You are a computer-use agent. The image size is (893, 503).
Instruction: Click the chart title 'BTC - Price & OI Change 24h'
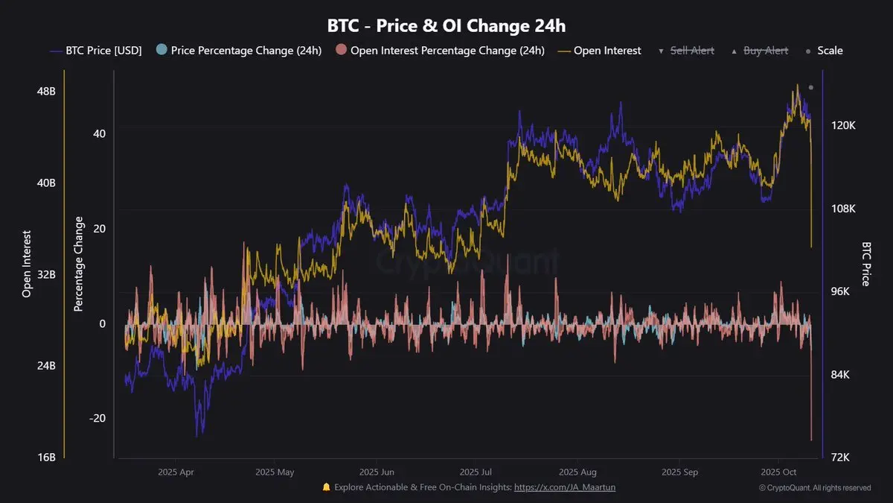(446, 25)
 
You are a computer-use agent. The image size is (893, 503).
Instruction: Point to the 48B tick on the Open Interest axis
(45, 91)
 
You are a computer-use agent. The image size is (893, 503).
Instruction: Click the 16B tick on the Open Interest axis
(45, 458)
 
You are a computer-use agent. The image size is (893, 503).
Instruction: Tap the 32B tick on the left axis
(45, 274)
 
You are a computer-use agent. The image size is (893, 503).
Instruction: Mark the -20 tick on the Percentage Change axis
(97, 418)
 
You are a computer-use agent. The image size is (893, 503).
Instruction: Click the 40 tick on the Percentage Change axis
(99, 133)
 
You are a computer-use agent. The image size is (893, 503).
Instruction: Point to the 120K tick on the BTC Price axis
(843, 126)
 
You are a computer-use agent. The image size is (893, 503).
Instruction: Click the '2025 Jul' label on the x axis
(477, 472)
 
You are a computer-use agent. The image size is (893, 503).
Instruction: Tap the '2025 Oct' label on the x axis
(778, 472)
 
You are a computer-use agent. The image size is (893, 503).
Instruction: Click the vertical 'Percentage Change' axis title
(79, 264)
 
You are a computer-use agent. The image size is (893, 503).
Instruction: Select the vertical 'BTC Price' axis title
(866, 264)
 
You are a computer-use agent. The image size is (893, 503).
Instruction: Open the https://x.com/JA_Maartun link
(565, 487)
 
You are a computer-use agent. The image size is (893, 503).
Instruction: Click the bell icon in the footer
(326, 487)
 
